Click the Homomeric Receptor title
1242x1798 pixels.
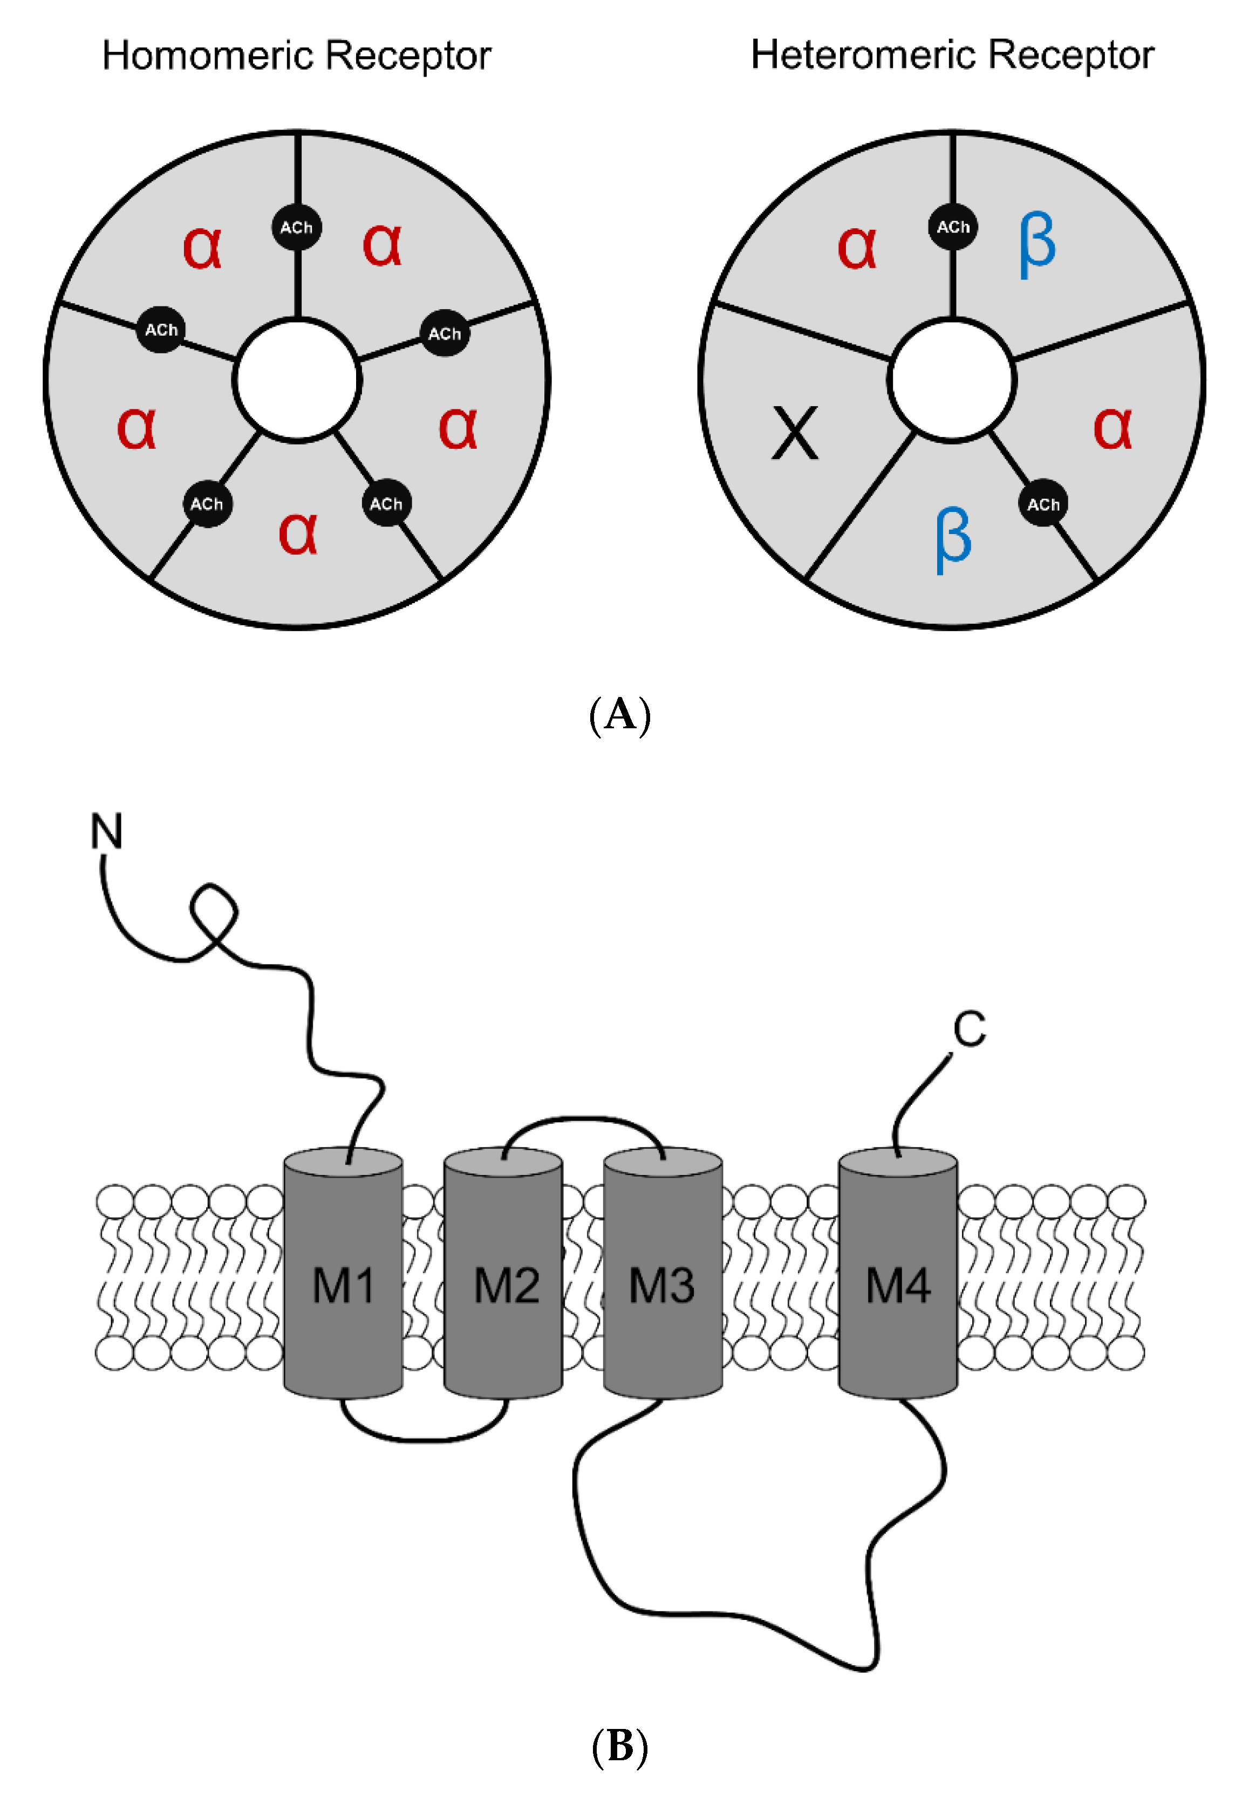tap(297, 56)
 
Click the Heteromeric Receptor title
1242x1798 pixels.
tap(952, 56)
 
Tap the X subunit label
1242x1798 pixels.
tap(795, 433)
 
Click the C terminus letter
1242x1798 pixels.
tap(970, 1029)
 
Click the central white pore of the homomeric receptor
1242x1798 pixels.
tap(297, 380)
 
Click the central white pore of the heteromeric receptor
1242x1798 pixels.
tap(952, 380)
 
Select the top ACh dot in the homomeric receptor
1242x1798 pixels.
tap(297, 227)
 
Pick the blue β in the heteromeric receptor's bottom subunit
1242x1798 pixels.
tap(953, 538)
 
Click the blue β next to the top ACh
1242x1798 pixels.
tap(1038, 244)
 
